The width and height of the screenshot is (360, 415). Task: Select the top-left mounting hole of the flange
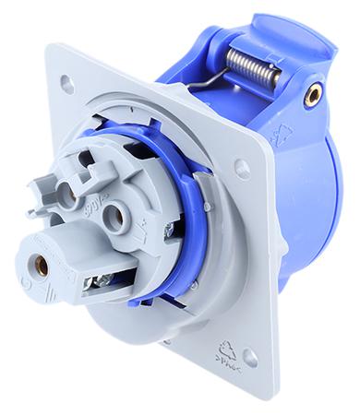[x=67, y=85]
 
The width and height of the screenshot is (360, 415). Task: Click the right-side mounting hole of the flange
[x=242, y=169]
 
